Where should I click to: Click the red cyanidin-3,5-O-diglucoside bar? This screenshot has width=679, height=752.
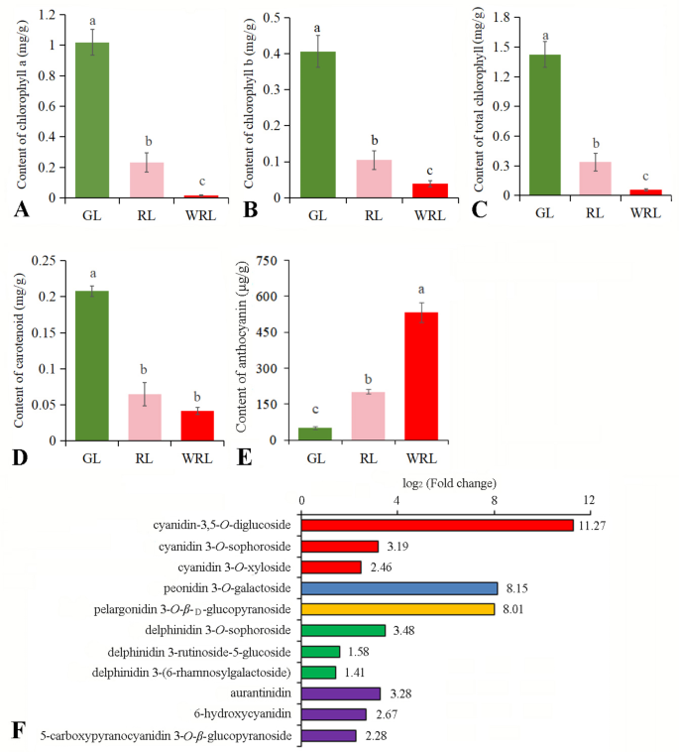[x=437, y=525]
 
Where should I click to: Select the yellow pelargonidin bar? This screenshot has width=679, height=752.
[x=397, y=608]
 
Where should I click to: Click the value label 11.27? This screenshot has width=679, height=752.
[x=592, y=526]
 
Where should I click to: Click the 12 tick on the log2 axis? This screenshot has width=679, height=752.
[x=589, y=500]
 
